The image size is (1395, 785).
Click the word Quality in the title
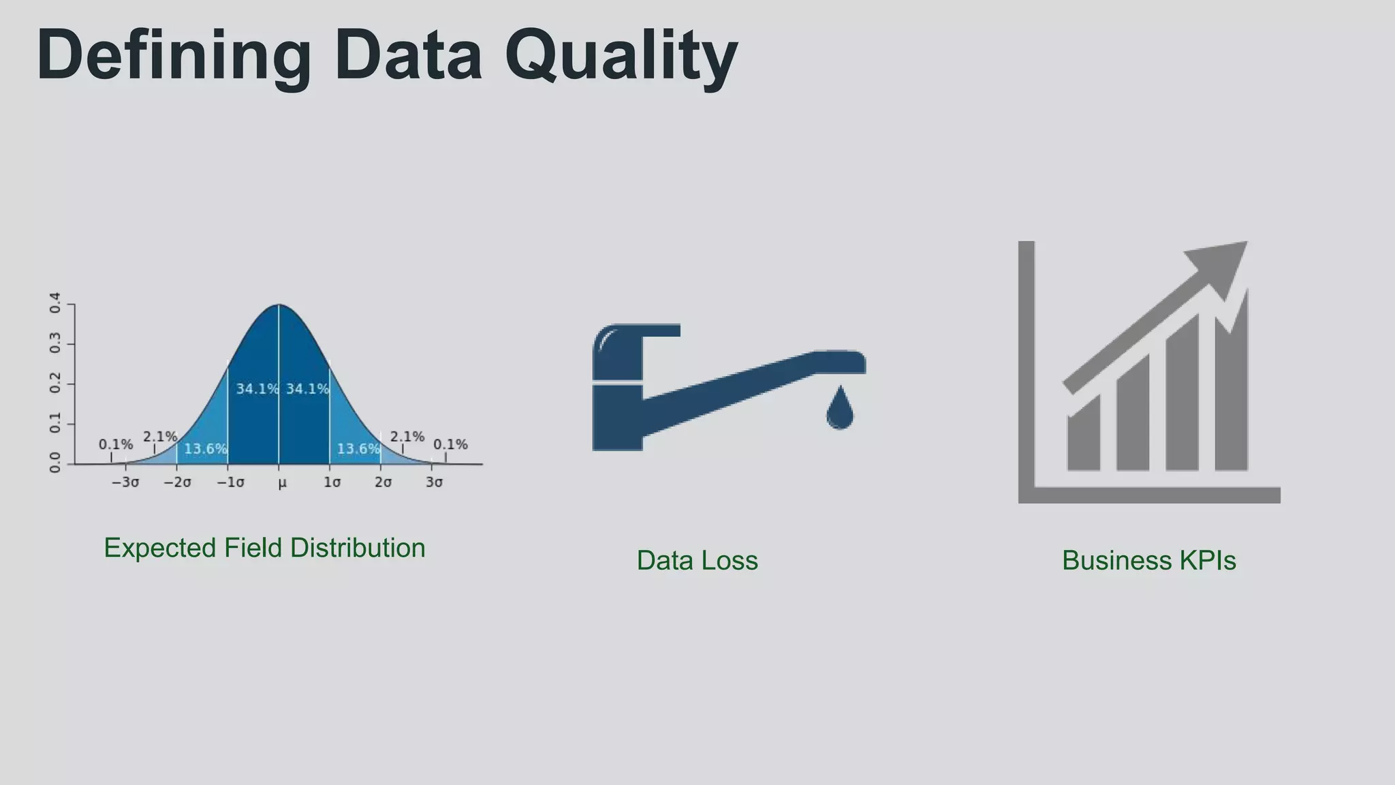(621, 56)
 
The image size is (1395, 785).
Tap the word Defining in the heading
(174, 56)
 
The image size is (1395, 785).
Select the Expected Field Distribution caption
(264, 548)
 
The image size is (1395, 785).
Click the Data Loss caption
(697, 560)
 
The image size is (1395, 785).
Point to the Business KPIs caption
(1148, 560)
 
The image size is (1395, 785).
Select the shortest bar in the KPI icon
(1083, 436)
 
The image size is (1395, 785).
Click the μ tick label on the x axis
(282, 482)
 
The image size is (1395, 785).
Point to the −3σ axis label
(125, 482)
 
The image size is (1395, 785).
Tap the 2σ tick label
(383, 482)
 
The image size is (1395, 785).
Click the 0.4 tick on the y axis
(55, 303)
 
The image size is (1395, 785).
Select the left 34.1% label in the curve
(257, 389)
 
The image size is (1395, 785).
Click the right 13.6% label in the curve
(358, 448)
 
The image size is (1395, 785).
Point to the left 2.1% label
(159, 436)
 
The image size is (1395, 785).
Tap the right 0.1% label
(450, 444)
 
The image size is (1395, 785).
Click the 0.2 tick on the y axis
(55, 383)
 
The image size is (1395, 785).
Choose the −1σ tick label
(230, 482)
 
